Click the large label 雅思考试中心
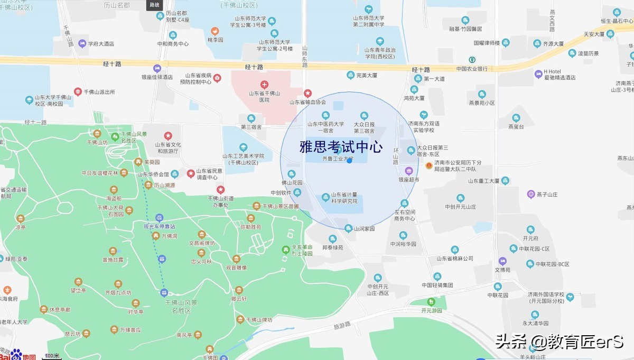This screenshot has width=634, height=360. (x=341, y=147)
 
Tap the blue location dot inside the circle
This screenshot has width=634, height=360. (x=349, y=160)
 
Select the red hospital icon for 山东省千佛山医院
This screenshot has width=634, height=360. (x=264, y=85)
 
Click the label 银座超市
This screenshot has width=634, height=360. (x=408, y=180)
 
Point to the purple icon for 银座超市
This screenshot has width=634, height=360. (x=408, y=171)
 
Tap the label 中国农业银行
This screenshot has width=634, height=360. (x=472, y=69)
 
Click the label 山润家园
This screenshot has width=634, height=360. (x=364, y=229)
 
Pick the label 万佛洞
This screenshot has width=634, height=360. (x=169, y=236)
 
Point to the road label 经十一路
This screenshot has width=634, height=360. (x=35, y=122)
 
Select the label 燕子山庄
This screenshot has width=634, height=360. (x=546, y=195)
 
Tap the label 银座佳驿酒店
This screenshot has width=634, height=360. (x=157, y=77)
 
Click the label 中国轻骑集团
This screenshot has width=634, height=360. (x=437, y=285)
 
